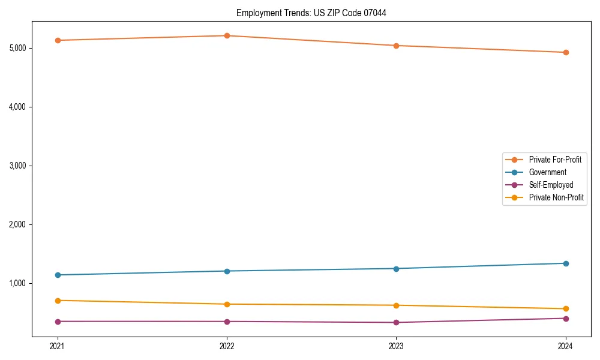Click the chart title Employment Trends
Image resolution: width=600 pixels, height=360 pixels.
point(311,13)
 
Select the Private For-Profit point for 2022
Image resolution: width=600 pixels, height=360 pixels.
point(227,35)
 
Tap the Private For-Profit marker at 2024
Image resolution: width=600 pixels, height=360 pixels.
point(566,52)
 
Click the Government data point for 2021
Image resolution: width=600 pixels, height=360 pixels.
point(58,275)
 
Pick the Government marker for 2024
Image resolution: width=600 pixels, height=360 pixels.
point(566,263)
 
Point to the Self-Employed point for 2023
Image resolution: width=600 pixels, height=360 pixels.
point(396,322)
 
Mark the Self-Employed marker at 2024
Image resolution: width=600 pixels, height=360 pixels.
point(566,318)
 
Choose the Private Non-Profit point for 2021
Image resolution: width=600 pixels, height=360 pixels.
point(58,300)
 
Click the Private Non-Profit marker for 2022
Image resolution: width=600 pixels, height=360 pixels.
point(227,304)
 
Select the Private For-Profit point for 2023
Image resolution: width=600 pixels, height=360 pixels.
point(396,46)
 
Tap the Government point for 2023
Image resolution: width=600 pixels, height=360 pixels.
point(396,268)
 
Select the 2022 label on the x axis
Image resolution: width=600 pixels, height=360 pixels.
point(227,346)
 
